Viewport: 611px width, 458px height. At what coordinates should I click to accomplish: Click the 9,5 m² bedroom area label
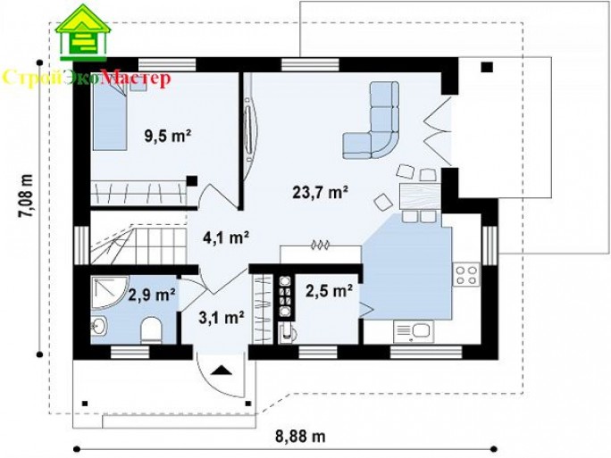click(168, 136)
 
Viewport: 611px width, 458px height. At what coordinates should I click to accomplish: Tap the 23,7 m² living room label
click(320, 192)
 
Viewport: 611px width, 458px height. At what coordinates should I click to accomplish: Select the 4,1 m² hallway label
click(226, 237)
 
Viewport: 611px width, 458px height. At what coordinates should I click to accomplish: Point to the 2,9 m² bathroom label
click(152, 295)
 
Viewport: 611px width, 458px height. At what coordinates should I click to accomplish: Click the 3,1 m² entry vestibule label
click(222, 318)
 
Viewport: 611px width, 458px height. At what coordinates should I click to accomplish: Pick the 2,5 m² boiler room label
click(330, 290)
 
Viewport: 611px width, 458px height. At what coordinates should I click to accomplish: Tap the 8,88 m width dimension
click(300, 437)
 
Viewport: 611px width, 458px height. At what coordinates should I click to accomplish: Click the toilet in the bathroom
click(151, 330)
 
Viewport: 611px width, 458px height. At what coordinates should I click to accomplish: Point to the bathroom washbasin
click(99, 326)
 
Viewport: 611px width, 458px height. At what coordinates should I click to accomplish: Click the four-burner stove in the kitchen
click(466, 275)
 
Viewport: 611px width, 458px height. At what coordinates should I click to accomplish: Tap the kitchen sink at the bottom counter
click(414, 331)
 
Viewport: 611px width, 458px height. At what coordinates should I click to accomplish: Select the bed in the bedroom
click(110, 116)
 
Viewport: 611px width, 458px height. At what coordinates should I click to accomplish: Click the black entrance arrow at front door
click(222, 370)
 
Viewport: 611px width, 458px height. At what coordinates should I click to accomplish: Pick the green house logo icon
click(83, 33)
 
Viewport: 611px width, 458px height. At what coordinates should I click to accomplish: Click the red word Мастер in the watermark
click(135, 78)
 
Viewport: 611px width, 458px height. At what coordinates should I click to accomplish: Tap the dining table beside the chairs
click(420, 196)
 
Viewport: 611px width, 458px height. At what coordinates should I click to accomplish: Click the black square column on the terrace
click(487, 67)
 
